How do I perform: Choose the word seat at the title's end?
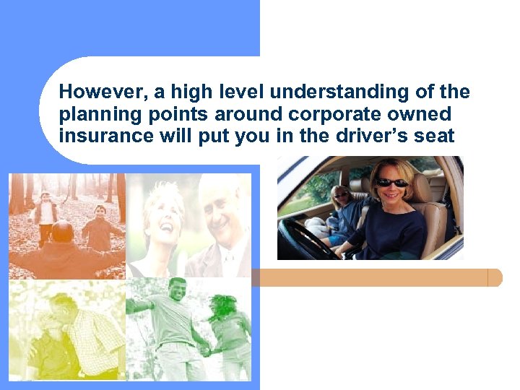[436, 135]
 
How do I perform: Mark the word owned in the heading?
[420, 114]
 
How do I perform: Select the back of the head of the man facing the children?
[62, 233]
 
